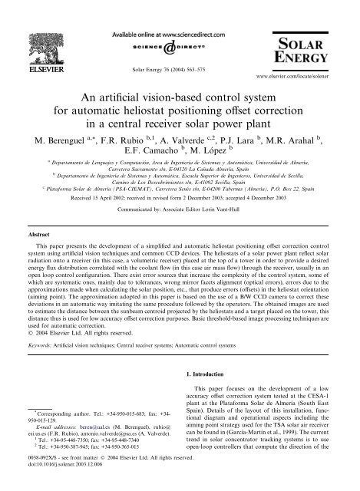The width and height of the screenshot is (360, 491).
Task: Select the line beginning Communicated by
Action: pyautogui.click(x=180, y=216)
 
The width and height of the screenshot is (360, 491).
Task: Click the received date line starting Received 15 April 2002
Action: pyautogui.click(x=180, y=205)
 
